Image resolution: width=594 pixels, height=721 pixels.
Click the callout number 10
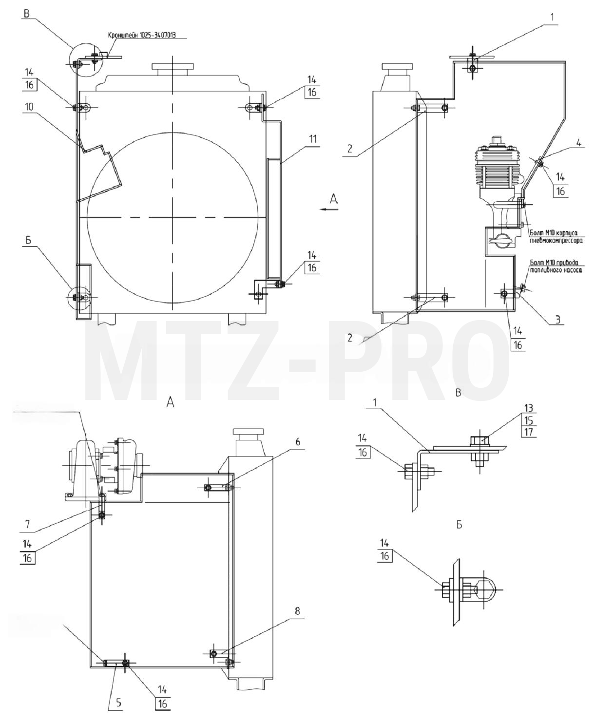[x=29, y=107]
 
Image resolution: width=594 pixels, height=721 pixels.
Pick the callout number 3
[x=557, y=319]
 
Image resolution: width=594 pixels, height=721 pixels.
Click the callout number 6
[x=298, y=442]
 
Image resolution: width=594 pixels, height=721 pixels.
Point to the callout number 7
[x=27, y=524]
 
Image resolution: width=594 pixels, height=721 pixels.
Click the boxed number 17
[x=529, y=432]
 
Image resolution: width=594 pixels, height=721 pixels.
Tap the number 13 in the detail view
[x=529, y=409]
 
